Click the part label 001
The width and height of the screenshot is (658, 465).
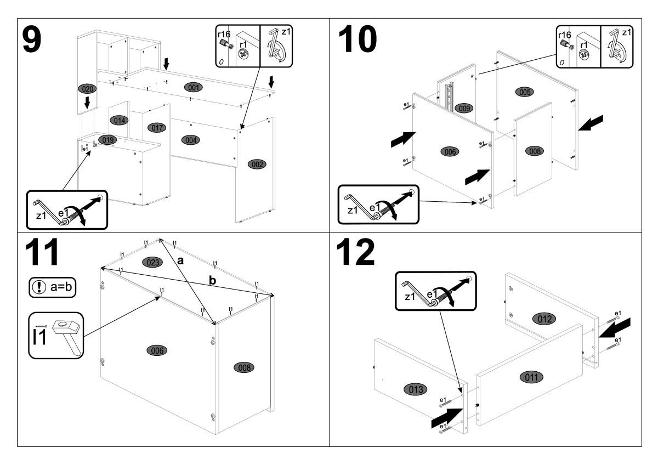(192, 87)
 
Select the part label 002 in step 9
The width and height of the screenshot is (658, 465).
(256, 163)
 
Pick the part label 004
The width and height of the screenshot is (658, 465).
(191, 140)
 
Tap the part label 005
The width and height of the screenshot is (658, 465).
(525, 92)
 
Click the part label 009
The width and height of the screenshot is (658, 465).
(464, 109)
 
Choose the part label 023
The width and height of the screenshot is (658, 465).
(153, 262)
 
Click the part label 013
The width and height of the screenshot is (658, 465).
(415, 390)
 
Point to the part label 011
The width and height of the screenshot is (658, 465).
(532, 377)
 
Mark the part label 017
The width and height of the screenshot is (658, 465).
(157, 128)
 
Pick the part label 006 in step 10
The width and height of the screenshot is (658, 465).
(450, 151)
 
